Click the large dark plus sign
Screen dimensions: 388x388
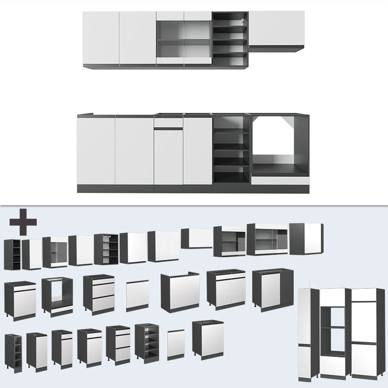23,222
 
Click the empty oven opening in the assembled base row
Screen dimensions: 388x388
279,144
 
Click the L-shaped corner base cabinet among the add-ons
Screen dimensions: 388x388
272,288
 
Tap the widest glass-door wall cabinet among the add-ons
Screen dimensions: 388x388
267,239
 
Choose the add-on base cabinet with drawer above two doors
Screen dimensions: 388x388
226,288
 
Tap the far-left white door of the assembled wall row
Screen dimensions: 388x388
101,39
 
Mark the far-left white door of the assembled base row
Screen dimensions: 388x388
96,151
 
